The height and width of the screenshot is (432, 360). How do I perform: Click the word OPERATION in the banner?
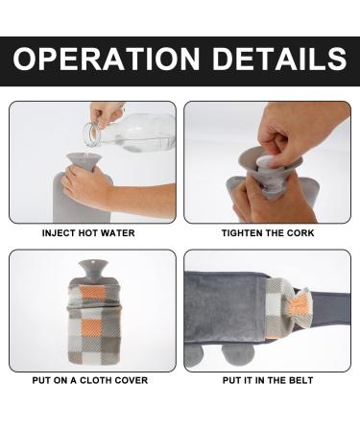[x=107, y=59]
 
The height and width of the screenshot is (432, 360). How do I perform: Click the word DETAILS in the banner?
[x=279, y=59]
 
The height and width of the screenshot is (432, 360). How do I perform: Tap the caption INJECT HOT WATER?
[x=88, y=233]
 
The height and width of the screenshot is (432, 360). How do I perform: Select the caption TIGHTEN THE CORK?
[x=268, y=233]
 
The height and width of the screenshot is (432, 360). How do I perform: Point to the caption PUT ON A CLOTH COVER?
[x=90, y=380]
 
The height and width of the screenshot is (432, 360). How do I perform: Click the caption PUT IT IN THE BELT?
[x=268, y=380]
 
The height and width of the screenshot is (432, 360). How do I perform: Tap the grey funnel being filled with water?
[x=84, y=161]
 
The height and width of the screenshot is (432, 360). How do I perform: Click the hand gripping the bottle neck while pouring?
[x=107, y=114]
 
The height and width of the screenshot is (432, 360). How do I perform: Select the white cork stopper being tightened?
[x=264, y=162]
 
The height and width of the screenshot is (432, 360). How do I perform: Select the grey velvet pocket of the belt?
[x=225, y=307]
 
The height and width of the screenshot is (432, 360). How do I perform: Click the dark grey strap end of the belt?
[x=329, y=308]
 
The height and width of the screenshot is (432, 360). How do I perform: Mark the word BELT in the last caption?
[x=301, y=380]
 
